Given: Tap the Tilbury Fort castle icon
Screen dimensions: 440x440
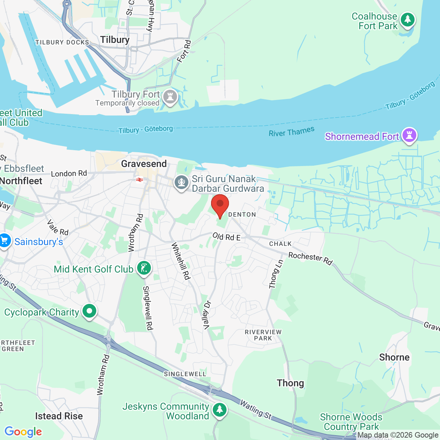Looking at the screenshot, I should click(170, 97).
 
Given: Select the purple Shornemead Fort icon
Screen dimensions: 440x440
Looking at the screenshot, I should click(409, 135).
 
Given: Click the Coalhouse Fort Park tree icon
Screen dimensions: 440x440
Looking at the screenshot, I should click(407, 20).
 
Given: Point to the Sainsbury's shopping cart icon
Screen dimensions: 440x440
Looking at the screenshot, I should click(4, 241).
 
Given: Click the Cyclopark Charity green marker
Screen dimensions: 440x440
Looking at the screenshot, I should click(89, 311).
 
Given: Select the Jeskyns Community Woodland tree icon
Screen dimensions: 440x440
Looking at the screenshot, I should click(219, 409).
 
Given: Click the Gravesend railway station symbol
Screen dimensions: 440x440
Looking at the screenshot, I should click(140, 179).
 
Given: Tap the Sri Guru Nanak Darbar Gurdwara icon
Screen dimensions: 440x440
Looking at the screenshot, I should click(181, 182).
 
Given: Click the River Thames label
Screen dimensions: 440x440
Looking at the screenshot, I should click(291, 132).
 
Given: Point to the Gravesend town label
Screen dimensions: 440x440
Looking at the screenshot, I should click(144, 164).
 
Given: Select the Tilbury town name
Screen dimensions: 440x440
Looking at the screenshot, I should click(115, 40).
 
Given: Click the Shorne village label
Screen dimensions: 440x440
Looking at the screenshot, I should click(394, 357).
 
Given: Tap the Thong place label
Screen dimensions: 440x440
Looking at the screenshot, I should click(290, 383).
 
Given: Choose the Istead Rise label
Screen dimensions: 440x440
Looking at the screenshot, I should click(59, 416).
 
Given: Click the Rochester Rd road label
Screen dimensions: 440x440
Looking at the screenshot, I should click(310, 258).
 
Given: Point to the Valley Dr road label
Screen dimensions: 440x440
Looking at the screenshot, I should click(207, 315).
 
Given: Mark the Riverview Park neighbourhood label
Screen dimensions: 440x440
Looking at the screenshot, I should click(263, 335).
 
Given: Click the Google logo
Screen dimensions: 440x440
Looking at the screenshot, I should click(23, 432).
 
